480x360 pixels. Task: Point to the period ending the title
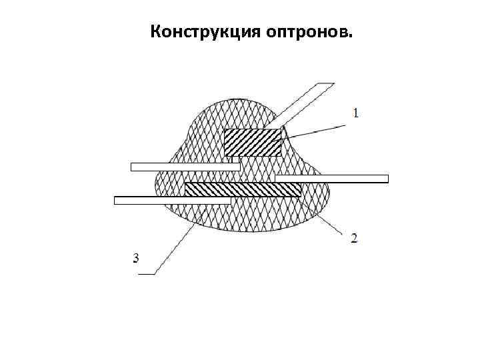point(353,37)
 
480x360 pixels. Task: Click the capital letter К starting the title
point(156,32)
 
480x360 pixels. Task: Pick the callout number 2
point(353,238)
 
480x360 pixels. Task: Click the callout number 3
point(136,258)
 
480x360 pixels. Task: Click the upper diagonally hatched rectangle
point(252,142)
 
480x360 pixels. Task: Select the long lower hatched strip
point(243,189)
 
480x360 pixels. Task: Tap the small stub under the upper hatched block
point(235,159)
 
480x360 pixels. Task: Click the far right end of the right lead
point(386,179)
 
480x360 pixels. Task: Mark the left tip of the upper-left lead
point(133,167)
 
